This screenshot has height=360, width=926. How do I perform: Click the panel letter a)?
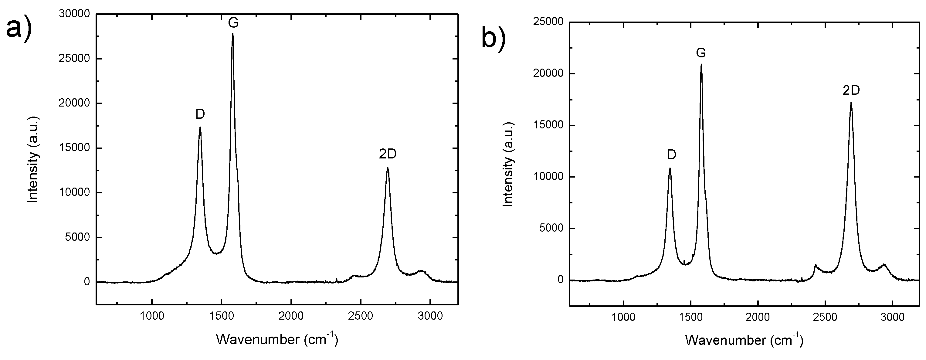tap(19, 28)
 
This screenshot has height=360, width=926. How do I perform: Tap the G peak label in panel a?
tap(233, 23)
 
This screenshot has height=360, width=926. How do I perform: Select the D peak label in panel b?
tap(671, 155)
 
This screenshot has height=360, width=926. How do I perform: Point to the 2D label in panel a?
tap(388, 154)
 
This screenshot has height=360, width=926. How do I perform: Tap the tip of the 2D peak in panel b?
tap(851, 103)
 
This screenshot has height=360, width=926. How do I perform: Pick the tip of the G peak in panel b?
tap(701, 65)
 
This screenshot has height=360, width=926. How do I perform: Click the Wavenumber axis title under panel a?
tap(277, 339)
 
